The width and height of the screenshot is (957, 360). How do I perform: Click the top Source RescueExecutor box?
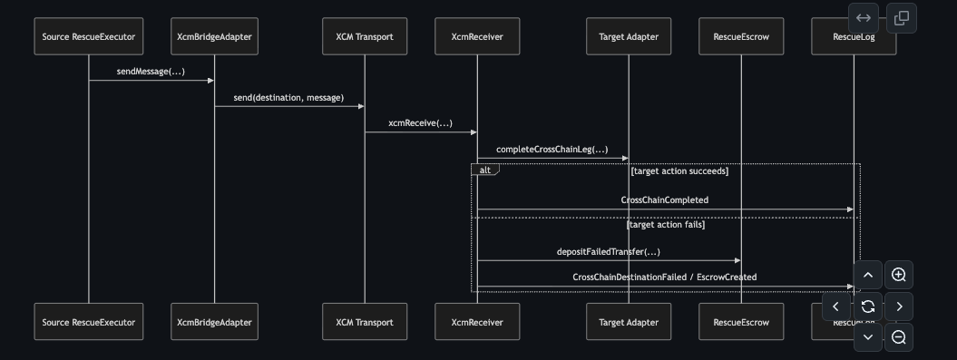pyautogui.click(x=89, y=36)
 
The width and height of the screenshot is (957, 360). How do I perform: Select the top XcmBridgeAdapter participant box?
pyautogui.click(x=214, y=36)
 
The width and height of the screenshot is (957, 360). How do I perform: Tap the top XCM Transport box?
pyautogui.click(x=365, y=36)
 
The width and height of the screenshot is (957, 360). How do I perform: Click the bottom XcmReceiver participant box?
pyautogui.click(x=477, y=322)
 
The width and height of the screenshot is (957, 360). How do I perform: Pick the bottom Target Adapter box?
pyautogui.click(x=629, y=322)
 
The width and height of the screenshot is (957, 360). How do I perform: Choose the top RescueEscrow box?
pyautogui.click(x=741, y=36)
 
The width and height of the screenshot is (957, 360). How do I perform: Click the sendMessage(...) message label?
pyautogui.click(x=151, y=72)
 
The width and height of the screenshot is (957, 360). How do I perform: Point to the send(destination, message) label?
pyautogui.click(x=288, y=98)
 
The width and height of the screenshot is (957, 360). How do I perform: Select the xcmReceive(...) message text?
pyautogui.click(x=421, y=123)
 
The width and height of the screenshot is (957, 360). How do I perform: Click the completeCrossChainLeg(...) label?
pyautogui.click(x=552, y=150)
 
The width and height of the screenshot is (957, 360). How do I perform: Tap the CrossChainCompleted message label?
pyautogui.click(x=665, y=200)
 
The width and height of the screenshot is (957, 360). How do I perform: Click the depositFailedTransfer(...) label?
pyautogui.click(x=609, y=252)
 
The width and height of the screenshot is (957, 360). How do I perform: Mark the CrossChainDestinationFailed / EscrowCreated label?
pyautogui.click(x=665, y=277)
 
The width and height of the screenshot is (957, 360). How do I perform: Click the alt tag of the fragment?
pyautogui.click(x=485, y=170)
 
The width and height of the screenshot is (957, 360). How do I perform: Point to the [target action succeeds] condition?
pyautogui.click(x=680, y=171)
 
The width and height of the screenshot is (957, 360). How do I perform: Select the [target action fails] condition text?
pyautogui.click(x=666, y=225)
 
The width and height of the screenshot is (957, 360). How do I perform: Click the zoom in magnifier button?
pyautogui.click(x=898, y=275)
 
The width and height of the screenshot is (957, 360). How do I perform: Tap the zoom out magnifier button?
pyautogui.click(x=898, y=337)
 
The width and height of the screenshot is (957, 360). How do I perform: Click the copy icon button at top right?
pyautogui.click(x=902, y=18)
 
